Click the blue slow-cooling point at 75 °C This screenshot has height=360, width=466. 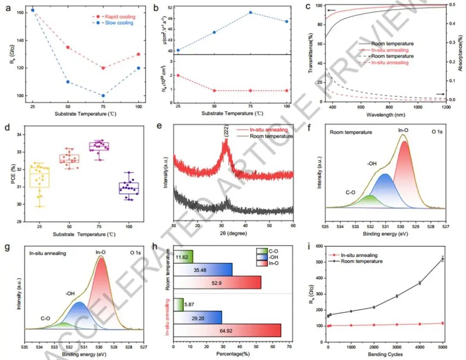103,95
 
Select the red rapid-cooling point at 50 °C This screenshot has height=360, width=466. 68,47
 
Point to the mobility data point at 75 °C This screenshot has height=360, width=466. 250,13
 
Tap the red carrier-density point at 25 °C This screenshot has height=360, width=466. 178,76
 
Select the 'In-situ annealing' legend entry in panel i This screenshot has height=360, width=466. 358,256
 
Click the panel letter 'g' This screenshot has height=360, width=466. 7,250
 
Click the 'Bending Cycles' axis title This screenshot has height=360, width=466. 385,354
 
